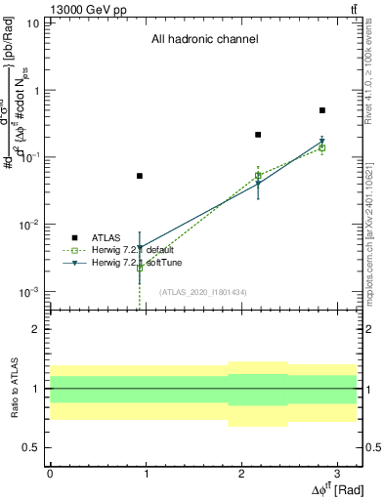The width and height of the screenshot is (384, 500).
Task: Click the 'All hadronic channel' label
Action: coord(204,40)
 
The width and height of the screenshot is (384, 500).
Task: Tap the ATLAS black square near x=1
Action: coord(140,176)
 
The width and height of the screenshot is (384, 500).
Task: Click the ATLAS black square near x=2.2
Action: coord(258,135)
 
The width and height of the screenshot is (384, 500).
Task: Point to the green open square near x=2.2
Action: coord(258,176)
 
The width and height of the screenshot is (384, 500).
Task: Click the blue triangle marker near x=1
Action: coord(140,248)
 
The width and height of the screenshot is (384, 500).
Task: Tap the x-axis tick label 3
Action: coord(336,473)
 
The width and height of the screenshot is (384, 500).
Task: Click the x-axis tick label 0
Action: coord(50,473)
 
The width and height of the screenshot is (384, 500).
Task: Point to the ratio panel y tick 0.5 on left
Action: coord(34,447)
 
